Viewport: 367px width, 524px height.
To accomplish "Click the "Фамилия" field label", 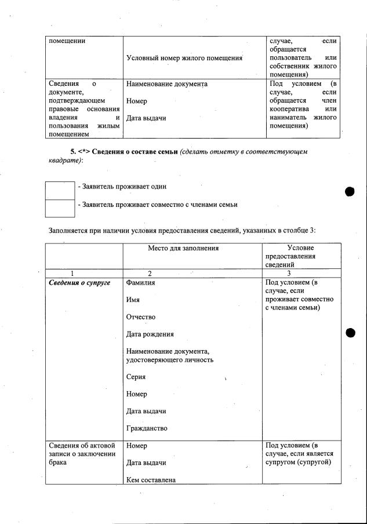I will point(141,283).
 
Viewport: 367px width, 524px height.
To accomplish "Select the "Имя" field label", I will point(132,300).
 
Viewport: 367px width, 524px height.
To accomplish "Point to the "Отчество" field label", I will point(140,317).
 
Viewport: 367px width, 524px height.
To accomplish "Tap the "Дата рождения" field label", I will point(150,334).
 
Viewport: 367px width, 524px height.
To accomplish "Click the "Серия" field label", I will point(136,377).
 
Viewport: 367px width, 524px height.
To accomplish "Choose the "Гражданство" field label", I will point(147,428).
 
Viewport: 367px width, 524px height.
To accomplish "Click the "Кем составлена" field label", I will point(151,480).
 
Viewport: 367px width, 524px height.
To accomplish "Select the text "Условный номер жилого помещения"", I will point(184,58).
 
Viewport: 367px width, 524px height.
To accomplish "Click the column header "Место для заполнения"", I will point(183,248).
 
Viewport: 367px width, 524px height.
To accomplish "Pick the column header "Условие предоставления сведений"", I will point(289,256).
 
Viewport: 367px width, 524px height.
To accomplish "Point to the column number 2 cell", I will point(150,273).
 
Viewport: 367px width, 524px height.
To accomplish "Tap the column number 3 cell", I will point(289,273).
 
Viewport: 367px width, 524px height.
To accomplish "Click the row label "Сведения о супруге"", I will point(79,283).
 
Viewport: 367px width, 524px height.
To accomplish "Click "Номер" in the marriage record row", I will point(136,446).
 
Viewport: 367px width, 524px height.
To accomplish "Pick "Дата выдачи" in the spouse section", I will point(146,411).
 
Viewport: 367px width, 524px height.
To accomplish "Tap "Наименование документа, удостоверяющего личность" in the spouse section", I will point(169,355).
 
